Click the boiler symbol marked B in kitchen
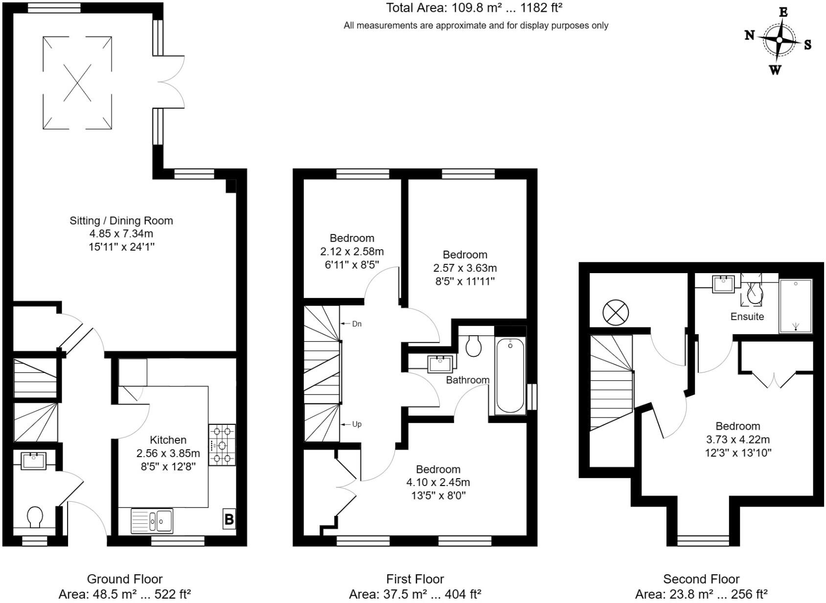(x=229, y=519)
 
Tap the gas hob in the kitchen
(x=222, y=445)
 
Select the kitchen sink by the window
(x=152, y=521)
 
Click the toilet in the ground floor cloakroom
(x=35, y=516)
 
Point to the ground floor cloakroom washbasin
(x=34, y=461)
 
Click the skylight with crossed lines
(x=77, y=83)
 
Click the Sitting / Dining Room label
(x=121, y=221)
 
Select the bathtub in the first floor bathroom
(x=510, y=375)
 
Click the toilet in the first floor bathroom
(x=473, y=346)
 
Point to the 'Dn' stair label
(x=357, y=324)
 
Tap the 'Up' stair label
(x=357, y=424)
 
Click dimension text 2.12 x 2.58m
(x=352, y=252)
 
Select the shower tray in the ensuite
(x=795, y=306)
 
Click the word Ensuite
(x=747, y=317)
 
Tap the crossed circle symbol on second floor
(x=616, y=312)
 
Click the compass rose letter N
(x=749, y=35)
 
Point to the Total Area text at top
(x=474, y=8)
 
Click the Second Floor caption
(x=701, y=579)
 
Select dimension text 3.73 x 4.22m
(x=737, y=440)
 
